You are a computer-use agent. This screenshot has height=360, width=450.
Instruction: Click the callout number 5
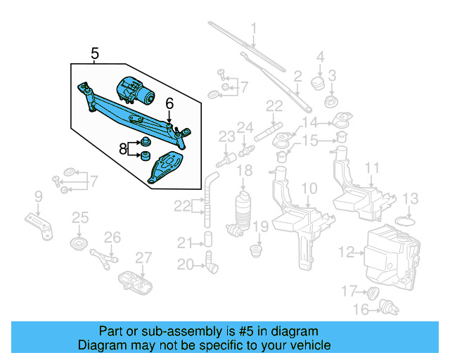point(95,53)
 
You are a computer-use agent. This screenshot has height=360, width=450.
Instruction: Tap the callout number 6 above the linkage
point(169,103)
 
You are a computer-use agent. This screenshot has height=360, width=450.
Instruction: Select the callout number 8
point(123,148)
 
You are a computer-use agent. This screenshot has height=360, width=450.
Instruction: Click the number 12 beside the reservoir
point(345,251)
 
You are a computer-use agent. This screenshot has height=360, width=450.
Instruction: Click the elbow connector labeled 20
point(211,266)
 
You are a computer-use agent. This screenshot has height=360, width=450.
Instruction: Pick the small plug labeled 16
point(385,307)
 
